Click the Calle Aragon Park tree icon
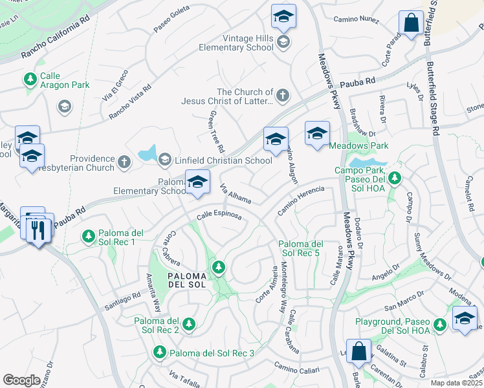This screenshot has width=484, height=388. coord(30,80)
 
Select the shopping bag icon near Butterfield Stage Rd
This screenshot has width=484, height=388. coord(411,24)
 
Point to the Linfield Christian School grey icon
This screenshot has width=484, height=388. coord(165,159)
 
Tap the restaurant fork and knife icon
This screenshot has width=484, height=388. coord(39,229)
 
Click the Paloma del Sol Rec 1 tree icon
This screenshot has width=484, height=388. coord(87,237)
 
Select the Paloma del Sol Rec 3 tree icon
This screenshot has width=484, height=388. coord(159,352)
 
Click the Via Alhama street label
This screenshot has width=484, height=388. coord(236,192)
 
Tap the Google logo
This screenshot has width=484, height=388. coord(21,380)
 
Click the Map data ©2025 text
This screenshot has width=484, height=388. coord(456,383)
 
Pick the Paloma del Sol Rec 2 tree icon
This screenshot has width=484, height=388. coord(189,323)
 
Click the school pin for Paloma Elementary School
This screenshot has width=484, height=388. coord(197,182)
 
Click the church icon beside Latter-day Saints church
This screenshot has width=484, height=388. coord(281,96)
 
